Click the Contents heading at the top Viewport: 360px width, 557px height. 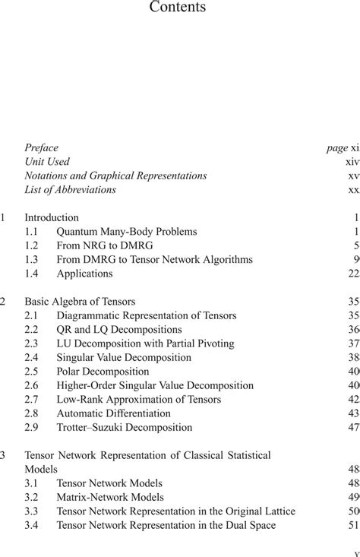178,8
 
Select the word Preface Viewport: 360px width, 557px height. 41,147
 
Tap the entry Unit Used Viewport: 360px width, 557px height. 47,161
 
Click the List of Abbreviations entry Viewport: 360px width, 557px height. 70,189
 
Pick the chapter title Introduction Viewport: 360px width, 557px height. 52,217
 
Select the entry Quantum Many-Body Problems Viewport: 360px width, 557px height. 127,232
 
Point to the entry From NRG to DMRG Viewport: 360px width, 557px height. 106,245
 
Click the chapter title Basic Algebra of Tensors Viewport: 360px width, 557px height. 80,302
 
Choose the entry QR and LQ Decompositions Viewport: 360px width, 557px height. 119,330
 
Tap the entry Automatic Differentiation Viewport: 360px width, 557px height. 113,413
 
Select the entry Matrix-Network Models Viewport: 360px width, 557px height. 110,497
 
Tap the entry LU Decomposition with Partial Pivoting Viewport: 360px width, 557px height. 145,343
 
